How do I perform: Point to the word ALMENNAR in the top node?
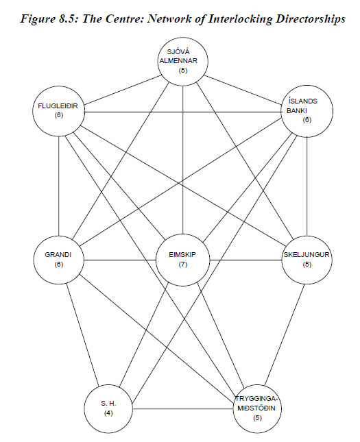178,60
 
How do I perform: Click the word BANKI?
296,111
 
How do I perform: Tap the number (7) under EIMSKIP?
183,265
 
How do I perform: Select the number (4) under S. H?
108,413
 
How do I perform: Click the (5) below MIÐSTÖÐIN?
257,418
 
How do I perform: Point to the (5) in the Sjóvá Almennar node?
183,70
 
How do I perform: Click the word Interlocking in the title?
241,19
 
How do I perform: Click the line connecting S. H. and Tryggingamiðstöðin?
183,408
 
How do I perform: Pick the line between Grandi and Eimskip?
120,260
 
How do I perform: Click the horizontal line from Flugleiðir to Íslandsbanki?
183,112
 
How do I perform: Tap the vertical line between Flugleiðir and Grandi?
59,186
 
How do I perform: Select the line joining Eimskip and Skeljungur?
246,260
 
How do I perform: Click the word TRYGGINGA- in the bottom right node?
256,399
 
